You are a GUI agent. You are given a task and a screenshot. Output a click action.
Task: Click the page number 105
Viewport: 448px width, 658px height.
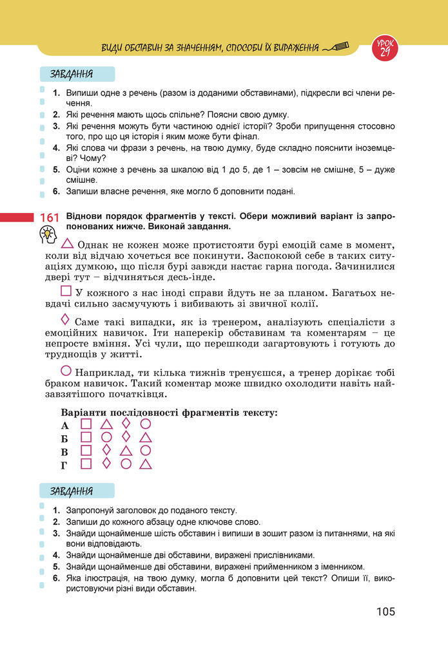click(385, 611)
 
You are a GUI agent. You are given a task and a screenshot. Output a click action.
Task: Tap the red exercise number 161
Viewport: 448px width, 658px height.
click(49, 218)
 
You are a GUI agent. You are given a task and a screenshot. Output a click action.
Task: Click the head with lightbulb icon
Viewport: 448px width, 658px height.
click(48, 236)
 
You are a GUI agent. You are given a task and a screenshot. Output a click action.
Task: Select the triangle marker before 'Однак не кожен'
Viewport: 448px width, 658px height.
click(67, 245)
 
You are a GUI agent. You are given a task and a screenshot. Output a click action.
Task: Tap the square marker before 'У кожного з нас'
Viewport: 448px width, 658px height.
click(66, 291)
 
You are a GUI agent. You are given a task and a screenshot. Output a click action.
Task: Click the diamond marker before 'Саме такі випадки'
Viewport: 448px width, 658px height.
click(64, 319)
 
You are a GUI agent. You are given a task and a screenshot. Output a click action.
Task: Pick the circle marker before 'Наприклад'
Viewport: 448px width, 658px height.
click(66, 371)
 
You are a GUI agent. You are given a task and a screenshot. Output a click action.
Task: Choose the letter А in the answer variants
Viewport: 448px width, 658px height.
click(64, 426)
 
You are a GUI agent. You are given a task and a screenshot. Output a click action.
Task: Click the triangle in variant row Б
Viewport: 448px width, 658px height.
click(146, 438)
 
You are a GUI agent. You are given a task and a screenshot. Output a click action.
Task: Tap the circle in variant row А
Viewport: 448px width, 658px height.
click(146, 424)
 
